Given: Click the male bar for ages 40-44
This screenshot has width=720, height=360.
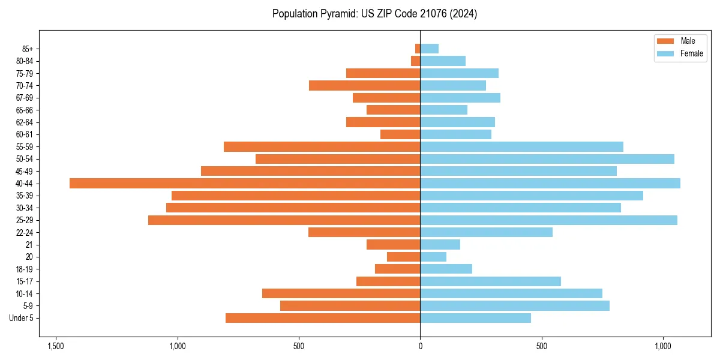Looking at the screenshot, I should tap(245, 184).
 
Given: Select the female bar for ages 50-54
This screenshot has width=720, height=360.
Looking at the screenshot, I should tap(547, 159).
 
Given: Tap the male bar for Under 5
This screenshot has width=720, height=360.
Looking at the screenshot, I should tap(323, 318).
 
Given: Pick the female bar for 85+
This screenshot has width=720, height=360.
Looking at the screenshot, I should tap(430, 49).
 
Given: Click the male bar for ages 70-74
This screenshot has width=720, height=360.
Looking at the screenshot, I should tap(364, 85).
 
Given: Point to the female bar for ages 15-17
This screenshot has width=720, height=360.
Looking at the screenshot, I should tap(490, 281).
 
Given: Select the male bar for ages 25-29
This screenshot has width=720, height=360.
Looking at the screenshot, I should tap(284, 220).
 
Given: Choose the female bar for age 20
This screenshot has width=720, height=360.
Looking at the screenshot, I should tap(433, 257).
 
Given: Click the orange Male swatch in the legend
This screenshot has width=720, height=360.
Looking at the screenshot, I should tap(666, 41).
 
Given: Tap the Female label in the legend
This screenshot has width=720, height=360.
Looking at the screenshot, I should tap(691, 53).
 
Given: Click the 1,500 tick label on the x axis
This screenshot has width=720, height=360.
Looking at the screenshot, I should tap(56, 347).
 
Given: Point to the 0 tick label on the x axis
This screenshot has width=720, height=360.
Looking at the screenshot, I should tap(420, 347).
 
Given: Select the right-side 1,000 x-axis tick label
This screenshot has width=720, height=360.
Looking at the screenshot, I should tap(663, 347).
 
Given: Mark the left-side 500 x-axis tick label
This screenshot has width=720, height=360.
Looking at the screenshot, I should tap(299, 347).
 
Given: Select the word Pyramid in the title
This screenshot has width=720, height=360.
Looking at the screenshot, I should tap(337, 14).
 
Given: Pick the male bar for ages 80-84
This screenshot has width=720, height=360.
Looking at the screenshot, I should tap(415, 61).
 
